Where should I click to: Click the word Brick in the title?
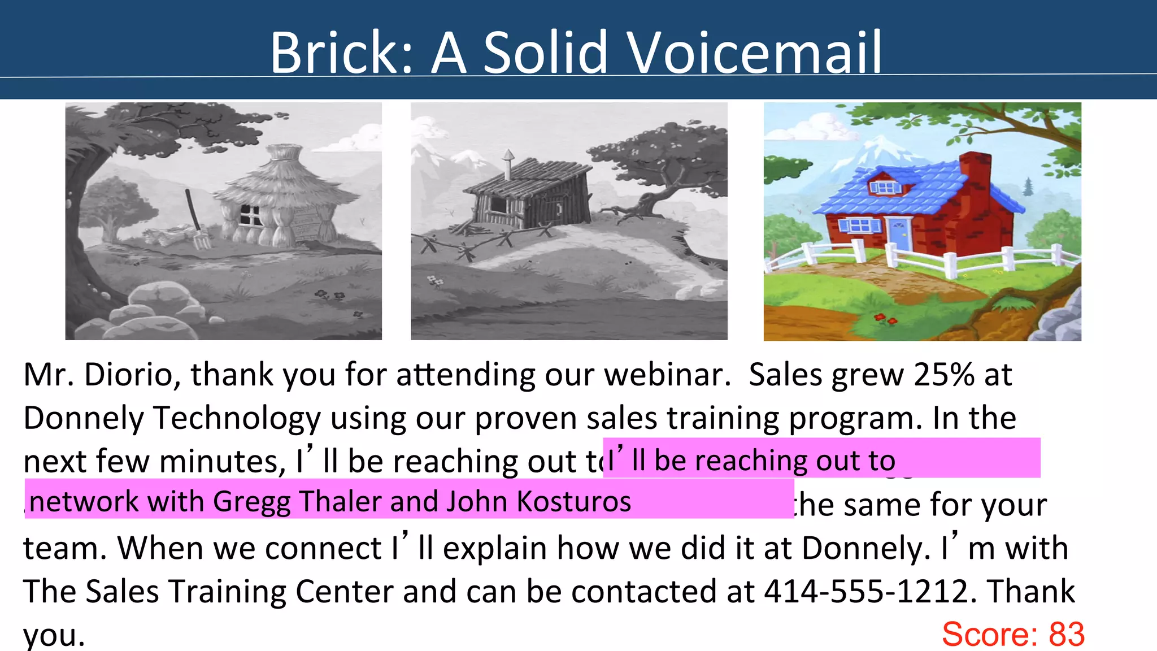click(334, 53)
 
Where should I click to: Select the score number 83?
click(1066, 634)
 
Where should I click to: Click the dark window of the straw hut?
click(249, 215)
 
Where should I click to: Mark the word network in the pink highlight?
click(84, 501)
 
